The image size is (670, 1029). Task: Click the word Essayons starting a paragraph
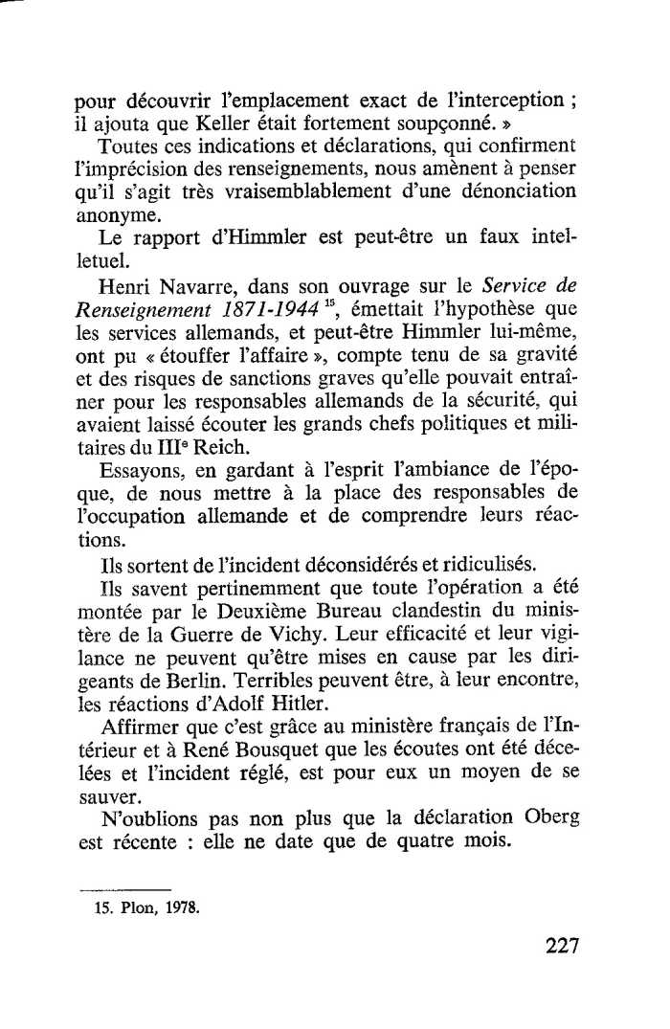click(x=140, y=469)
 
